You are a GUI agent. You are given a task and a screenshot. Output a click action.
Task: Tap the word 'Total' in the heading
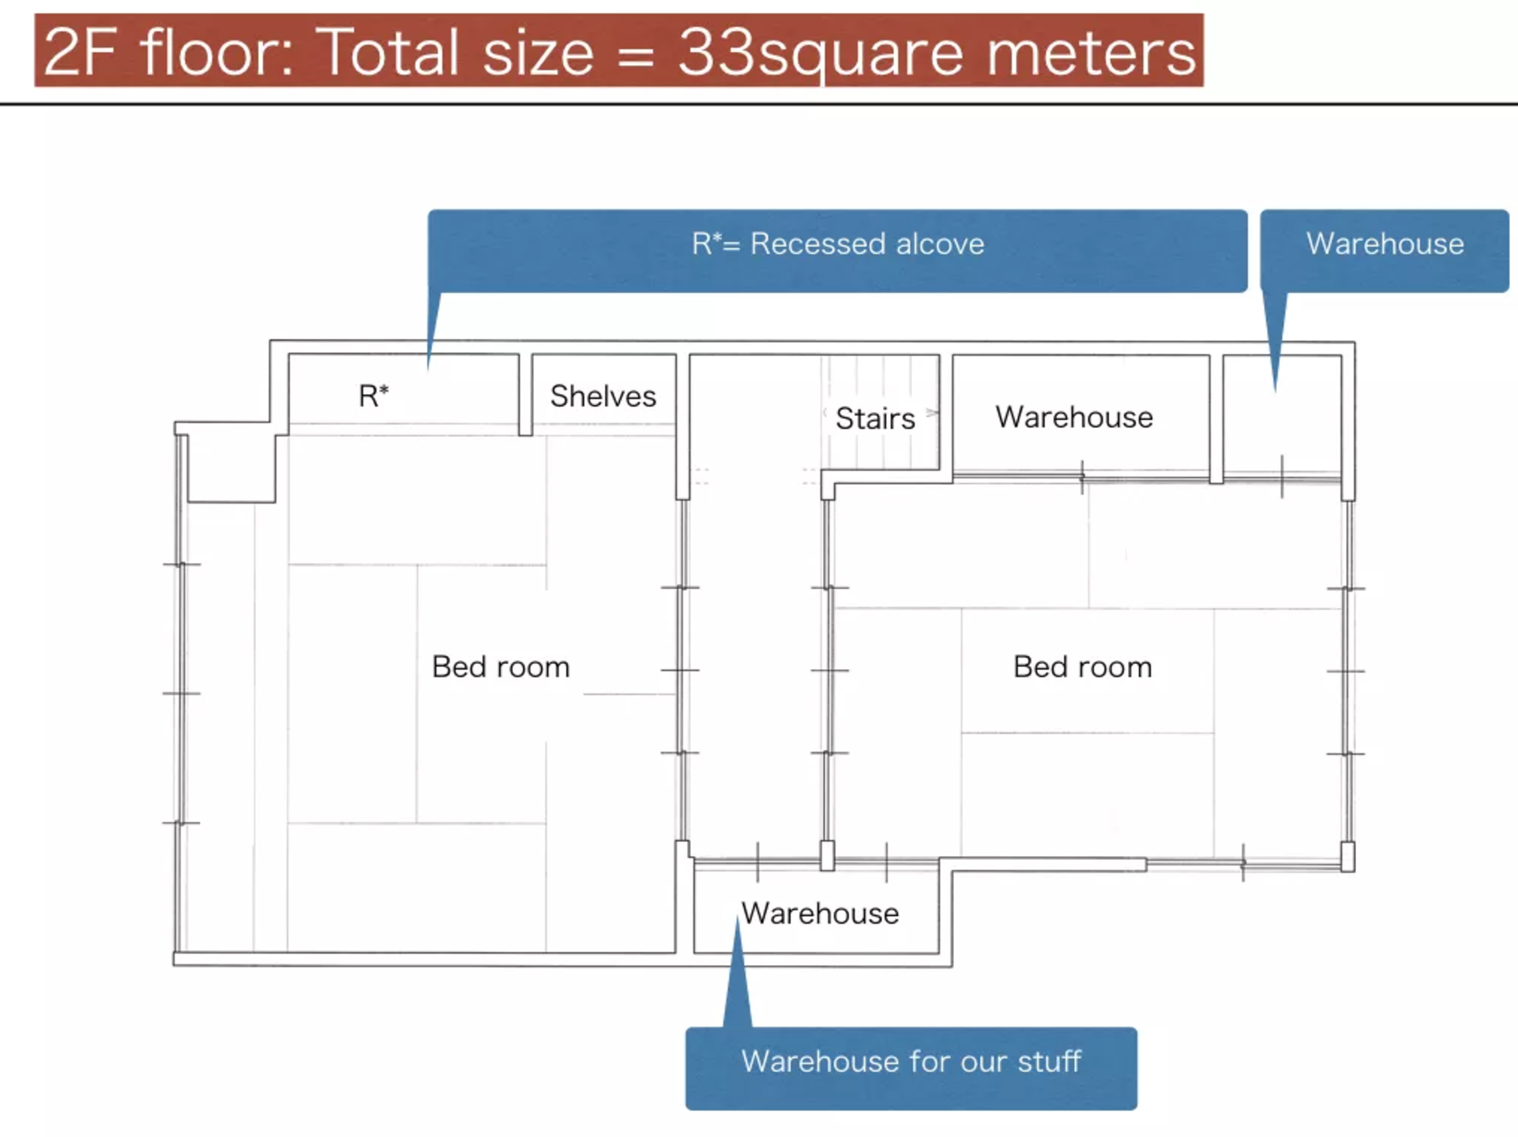(x=391, y=51)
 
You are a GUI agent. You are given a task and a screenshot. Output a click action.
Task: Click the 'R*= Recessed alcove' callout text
(x=838, y=244)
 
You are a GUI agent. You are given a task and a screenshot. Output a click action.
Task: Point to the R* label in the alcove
(x=374, y=396)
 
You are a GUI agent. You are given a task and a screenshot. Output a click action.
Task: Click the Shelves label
(x=603, y=396)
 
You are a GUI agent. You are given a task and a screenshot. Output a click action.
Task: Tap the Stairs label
(x=875, y=418)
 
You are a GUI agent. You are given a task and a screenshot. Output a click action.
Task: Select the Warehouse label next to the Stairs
(x=1074, y=417)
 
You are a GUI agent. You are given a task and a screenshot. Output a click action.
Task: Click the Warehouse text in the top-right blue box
(x=1385, y=244)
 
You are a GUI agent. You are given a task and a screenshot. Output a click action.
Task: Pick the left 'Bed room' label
(x=501, y=667)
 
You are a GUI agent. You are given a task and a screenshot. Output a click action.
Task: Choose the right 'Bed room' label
(x=1083, y=667)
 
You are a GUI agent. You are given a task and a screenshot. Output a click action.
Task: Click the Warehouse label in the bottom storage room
(x=820, y=914)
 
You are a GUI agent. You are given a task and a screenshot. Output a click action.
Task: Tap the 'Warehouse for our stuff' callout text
(x=911, y=1061)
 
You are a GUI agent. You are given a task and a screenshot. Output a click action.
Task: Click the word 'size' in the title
(x=538, y=51)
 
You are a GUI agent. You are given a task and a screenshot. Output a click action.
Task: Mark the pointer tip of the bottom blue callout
(x=738, y=917)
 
